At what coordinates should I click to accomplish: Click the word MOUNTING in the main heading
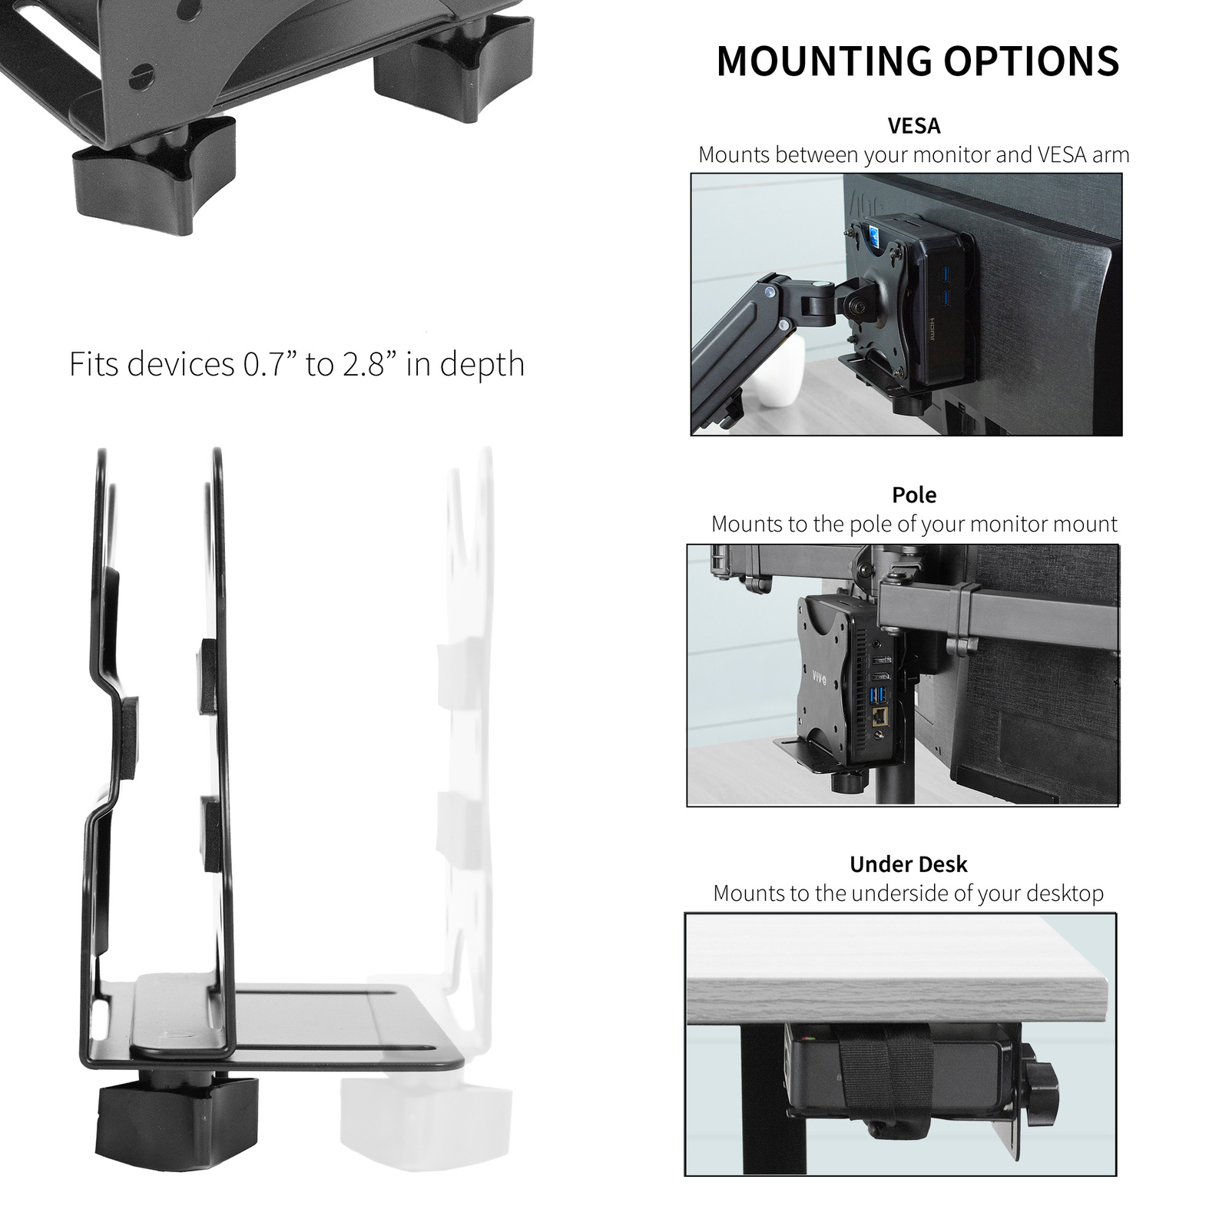click(823, 61)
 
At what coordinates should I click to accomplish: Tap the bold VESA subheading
click(913, 124)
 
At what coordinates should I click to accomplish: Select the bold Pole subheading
click(913, 494)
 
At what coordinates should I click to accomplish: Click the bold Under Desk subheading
click(908, 863)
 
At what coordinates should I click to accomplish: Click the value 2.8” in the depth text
click(370, 363)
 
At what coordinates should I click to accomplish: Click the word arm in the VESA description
click(1111, 155)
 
